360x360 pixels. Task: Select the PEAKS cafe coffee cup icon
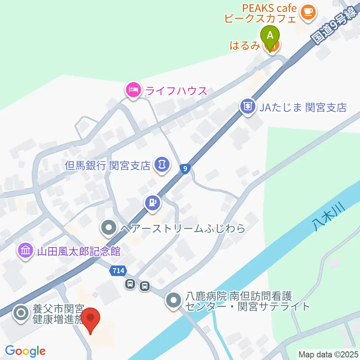coord(308,12)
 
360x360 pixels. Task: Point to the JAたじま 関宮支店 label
coord(303,108)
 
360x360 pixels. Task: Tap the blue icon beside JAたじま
coord(248,106)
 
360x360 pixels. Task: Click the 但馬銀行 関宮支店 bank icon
coord(162,165)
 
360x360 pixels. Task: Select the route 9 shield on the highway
coord(184,169)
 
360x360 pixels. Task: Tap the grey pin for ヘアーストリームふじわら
coord(109,228)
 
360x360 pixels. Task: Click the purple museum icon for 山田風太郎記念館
coord(25,250)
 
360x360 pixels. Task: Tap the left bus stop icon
coord(130,285)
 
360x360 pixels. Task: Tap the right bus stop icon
coord(144,286)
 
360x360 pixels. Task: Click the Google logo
coord(25,351)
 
